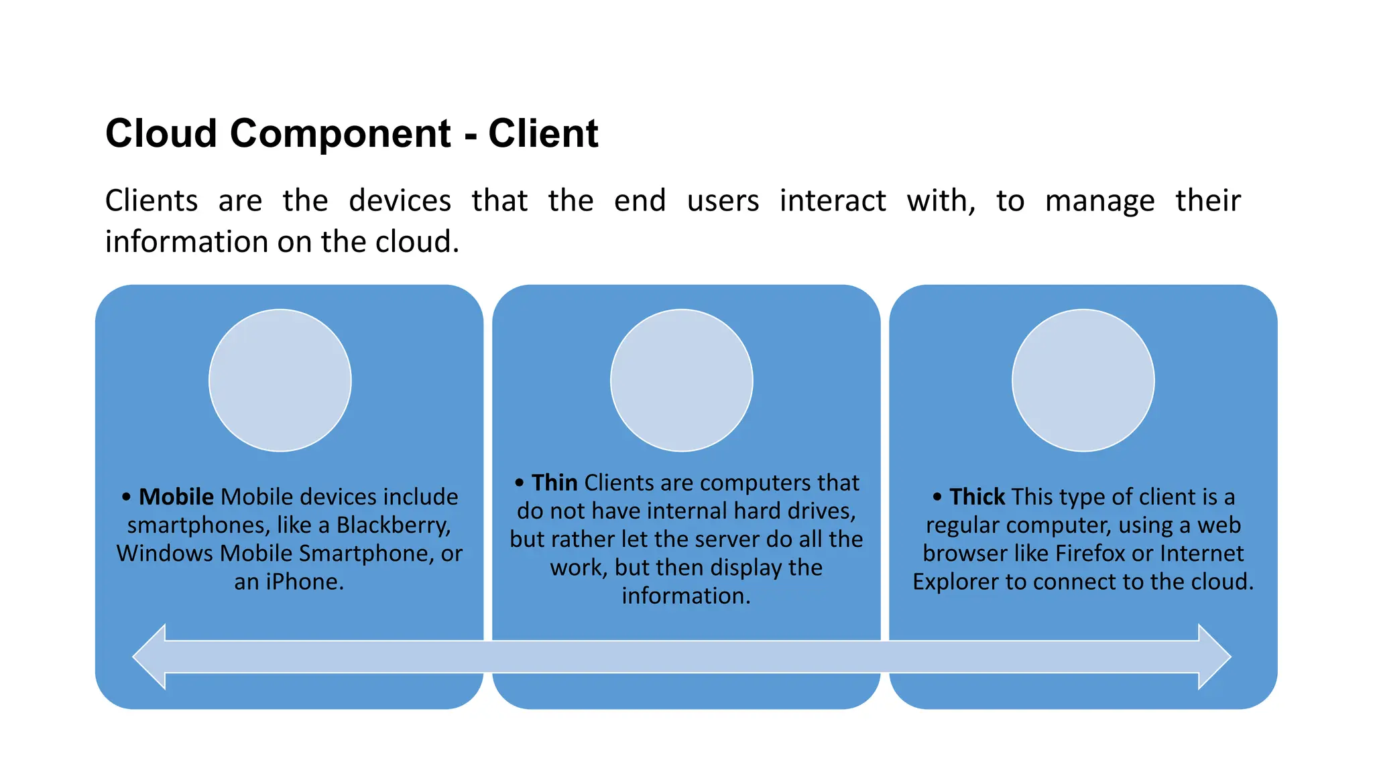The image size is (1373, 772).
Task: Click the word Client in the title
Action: click(x=542, y=133)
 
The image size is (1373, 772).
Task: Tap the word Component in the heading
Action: click(x=340, y=133)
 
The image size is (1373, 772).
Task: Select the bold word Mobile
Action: click(x=176, y=497)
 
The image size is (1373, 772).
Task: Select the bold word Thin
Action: click(x=554, y=482)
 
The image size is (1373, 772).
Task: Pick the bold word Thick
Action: click(x=977, y=497)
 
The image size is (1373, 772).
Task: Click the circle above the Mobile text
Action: click(x=280, y=380)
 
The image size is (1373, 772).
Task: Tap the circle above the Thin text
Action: click(x=681, y=380)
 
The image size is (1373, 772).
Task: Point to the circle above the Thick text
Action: click(x=1083, y=380)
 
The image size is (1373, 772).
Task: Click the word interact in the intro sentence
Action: click(x=832, y=201)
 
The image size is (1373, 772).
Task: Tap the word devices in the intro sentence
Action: click(x=400, y=201)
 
